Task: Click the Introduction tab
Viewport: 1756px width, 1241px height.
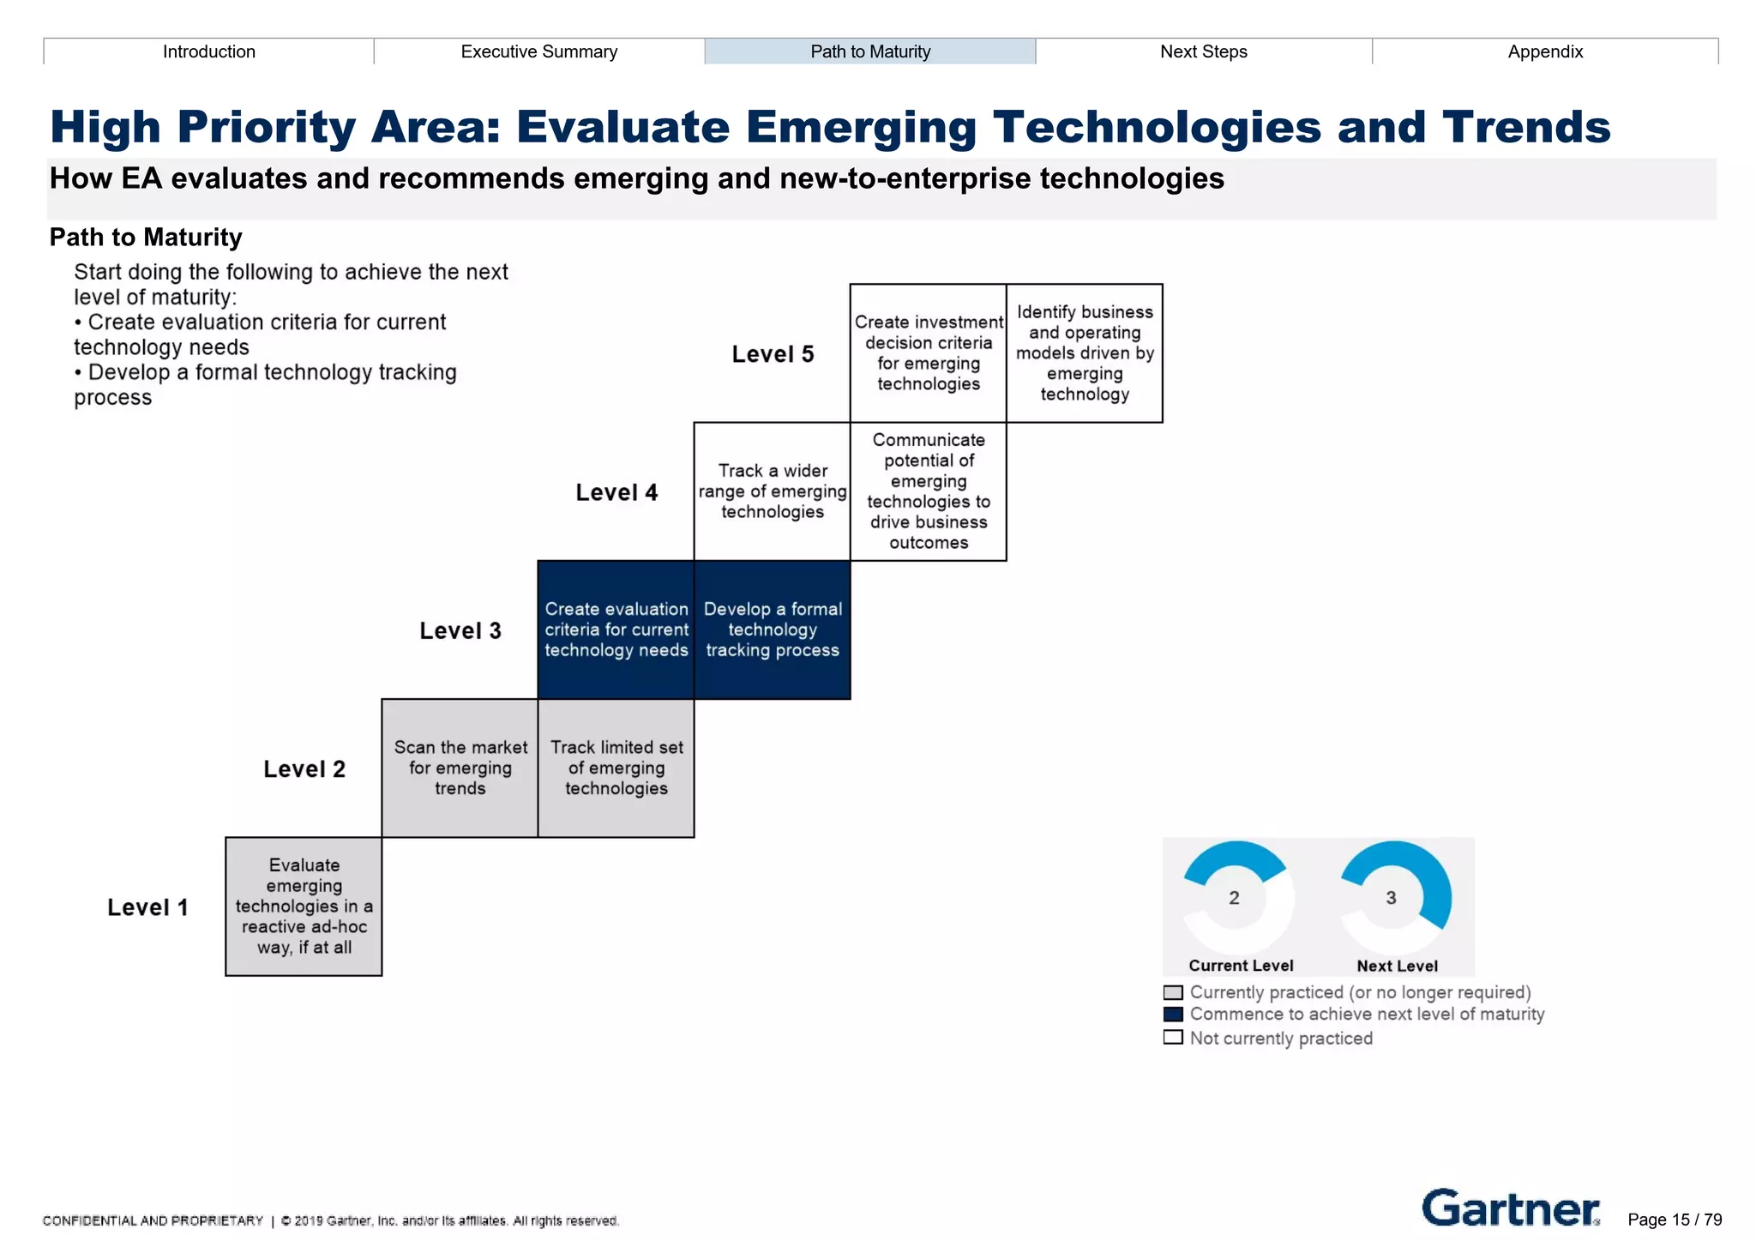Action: point(208,51)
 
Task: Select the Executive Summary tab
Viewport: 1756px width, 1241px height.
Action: point(538,51)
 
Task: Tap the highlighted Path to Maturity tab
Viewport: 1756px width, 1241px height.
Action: point(869,51)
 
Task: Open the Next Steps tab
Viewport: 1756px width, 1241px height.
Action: point(1203,51)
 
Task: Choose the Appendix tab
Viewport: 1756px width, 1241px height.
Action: point(1544,51)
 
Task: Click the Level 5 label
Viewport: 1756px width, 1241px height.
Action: point(772,354)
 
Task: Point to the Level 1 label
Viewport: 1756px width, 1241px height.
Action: point(147,907)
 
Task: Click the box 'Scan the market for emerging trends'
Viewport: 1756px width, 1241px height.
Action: point(460,768)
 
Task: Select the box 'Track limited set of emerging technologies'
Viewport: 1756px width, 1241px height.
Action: point(616,768)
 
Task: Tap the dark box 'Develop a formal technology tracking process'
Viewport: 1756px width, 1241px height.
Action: point(772,630)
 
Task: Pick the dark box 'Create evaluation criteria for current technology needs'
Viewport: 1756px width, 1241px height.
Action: point(616,630)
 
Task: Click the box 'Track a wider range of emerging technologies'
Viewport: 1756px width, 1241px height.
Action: point(772,491)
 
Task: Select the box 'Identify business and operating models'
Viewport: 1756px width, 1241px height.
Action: point(1084,352)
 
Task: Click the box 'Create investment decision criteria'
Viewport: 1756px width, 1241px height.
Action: point(928,352)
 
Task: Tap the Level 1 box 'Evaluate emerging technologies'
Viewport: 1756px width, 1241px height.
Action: point(304,906)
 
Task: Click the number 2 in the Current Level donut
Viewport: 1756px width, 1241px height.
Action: point(1234,898)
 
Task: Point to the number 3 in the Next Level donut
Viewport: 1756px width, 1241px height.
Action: point(1391,898)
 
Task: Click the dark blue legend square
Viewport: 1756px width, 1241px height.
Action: point(1173,1015)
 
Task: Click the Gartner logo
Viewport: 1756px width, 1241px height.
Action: point(1510,1208)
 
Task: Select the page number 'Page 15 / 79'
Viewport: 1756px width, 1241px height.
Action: point(1674,1220)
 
